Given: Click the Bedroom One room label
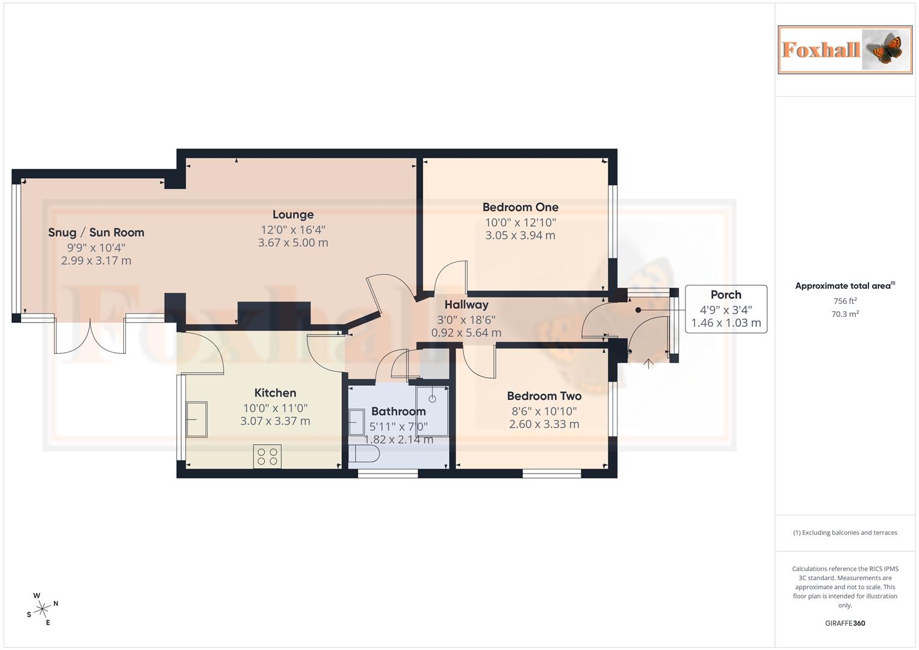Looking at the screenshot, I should pos(520,207).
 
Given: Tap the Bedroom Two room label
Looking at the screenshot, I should pos(544,396).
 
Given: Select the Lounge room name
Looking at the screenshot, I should pos(292,214).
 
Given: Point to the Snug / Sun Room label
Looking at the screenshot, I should pos(96,232).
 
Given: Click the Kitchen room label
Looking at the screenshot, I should pos(275,393).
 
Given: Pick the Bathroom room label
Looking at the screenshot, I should pos(398,412).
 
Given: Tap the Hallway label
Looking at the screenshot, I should pos(466,305).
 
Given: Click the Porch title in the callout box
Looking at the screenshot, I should pos(726,295).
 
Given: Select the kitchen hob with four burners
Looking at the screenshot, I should pos(267,456).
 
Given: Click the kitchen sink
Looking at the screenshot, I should pos(196,419).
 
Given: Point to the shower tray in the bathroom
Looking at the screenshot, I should pos(432,410).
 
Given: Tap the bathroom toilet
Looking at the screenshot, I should pos(364,454).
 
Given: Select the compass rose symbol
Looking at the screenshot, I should pos(42,609).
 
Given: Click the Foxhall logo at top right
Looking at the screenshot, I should pos(845,49).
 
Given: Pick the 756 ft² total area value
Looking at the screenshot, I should pos(845,301).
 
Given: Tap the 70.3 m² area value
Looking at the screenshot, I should pos(845,314).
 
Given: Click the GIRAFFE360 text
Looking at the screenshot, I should pos(845,624).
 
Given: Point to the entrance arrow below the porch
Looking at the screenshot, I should pos(648,363).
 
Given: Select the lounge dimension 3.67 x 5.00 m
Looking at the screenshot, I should pos(292,243).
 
